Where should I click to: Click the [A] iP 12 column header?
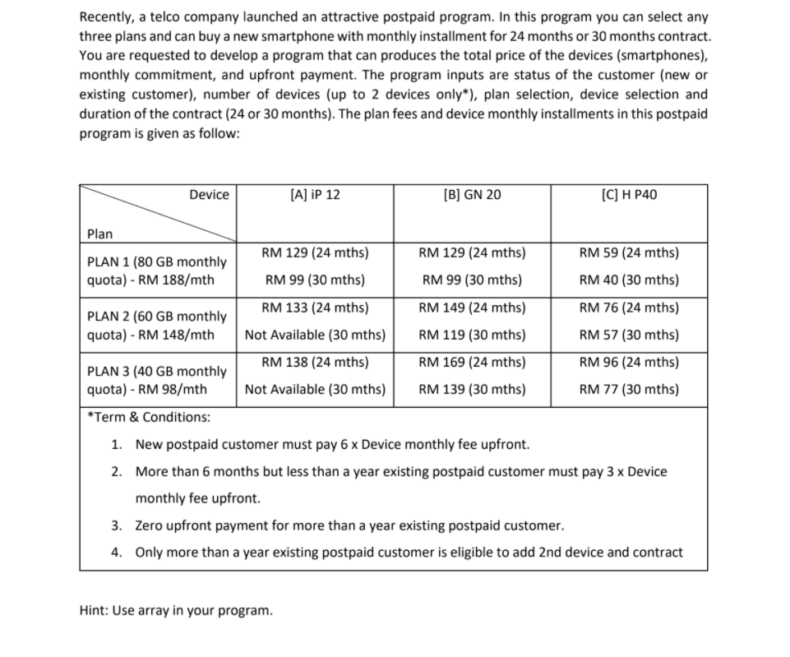[315, 195]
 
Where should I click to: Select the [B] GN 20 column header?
[471, 195]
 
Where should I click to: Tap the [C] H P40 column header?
[629, 195]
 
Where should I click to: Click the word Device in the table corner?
[209, 195]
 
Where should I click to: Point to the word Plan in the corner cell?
[100, 234]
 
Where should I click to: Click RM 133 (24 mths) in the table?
[315, 308]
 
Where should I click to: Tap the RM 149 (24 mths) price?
[472, 308]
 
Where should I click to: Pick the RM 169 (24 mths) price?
[472, 362]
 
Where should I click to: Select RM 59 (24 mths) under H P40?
[629, 253]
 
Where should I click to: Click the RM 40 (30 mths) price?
[629, 280]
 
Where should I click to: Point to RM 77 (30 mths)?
[629, 389]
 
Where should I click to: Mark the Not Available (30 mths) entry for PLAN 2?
[315, 335]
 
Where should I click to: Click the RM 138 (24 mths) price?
[315, 362]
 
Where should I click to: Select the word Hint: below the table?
[96, 611]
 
